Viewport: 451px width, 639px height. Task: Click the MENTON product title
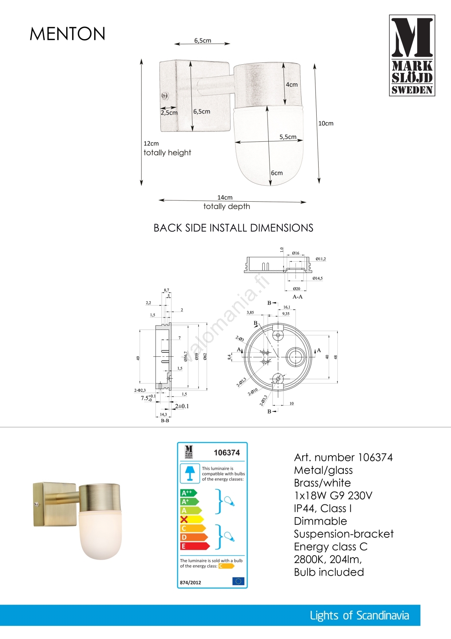67,34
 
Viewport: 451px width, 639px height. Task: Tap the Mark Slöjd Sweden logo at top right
412,56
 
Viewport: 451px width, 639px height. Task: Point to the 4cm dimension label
292,85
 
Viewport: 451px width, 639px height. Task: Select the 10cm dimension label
326,123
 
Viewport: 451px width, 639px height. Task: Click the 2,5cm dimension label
169,113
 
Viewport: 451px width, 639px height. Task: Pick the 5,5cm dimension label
288,137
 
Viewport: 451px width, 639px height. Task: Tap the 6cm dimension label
277,173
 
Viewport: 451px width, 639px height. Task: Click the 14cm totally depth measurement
225,198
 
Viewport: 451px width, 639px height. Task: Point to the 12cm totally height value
151,143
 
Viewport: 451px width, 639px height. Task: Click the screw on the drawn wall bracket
164,96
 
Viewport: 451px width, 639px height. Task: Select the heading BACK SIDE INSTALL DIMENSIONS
233,228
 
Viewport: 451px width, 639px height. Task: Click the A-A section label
297,297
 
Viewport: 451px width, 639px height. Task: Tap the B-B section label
165,421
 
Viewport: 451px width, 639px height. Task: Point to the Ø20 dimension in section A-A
296,289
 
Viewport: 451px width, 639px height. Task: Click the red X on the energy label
184,520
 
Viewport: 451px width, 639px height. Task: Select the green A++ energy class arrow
188,493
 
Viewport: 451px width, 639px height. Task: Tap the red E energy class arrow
194,546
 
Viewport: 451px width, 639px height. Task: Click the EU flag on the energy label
238,581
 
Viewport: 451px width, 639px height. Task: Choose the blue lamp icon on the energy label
190,473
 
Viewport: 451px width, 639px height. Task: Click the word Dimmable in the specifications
320,521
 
